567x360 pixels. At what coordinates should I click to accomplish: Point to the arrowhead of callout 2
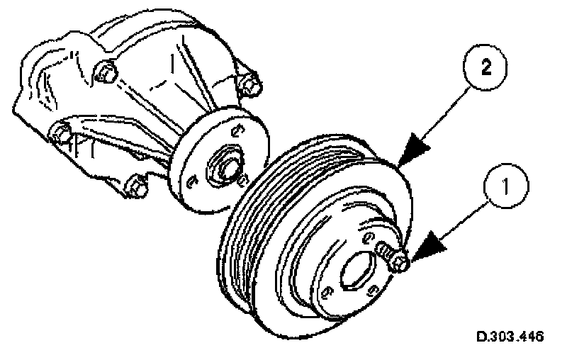point(415,151)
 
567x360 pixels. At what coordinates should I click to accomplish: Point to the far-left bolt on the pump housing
point(61,132)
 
